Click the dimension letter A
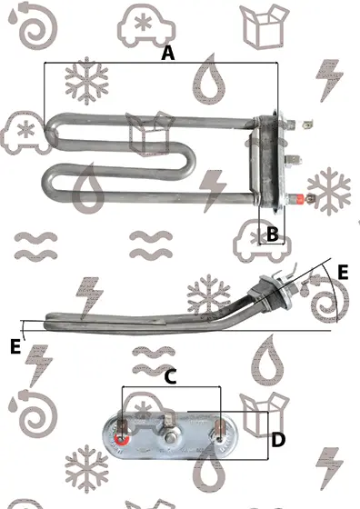[x=168, y=54]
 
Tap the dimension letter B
[x=272, y=234]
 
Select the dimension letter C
[x=171, y=376]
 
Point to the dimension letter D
[x=278, y=440]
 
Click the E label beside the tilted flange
[x=343, y=272]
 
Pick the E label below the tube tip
[x=15, y=346]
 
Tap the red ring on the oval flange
[x=122, y=440]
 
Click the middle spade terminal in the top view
[x=293, y=160]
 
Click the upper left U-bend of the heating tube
[x=51, y=132]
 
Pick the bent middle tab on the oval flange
[x=168, y=420]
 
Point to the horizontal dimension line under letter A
[x=161, y=63]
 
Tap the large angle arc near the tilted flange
[x=333, y=292]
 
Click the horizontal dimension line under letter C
[x=171, y=386]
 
